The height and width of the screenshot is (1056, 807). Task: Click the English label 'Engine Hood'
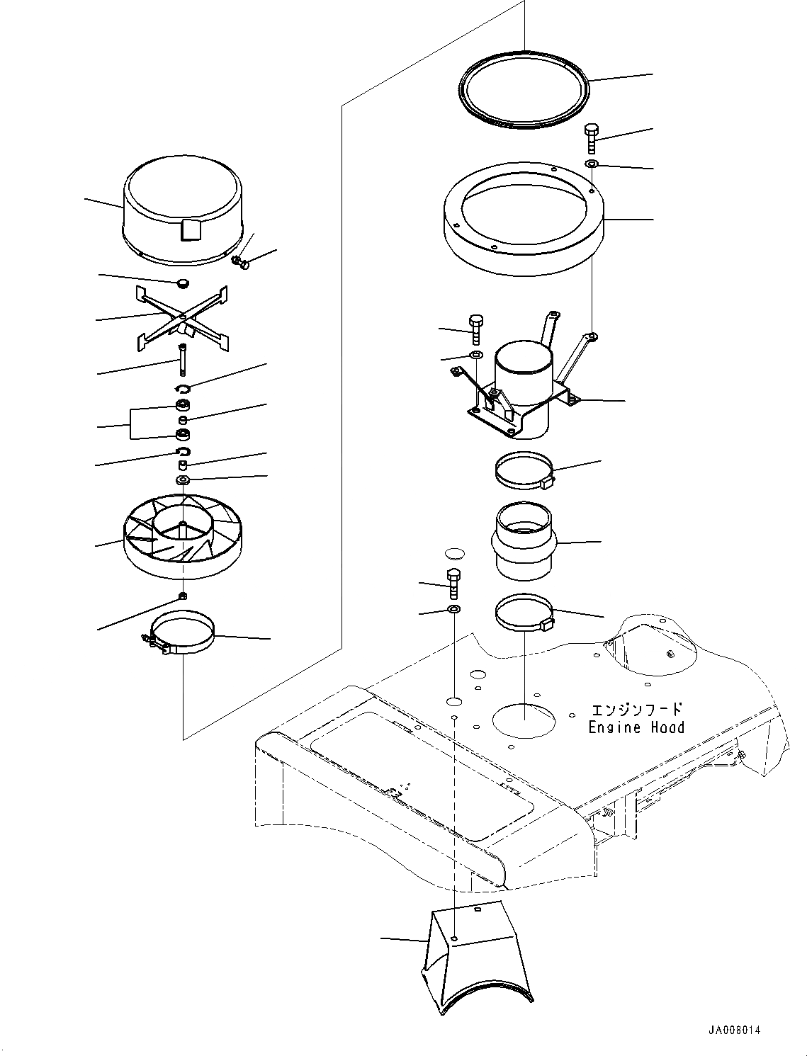[x=636, y=727]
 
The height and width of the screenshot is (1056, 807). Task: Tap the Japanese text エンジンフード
[x=636, y=709]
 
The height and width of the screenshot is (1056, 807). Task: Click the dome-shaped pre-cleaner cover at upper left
[x=184, y=212]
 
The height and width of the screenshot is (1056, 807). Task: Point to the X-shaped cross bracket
[x=182, y=319]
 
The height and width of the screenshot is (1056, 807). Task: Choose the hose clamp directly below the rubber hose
[x=524, y=613]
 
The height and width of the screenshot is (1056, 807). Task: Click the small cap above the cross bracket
[x=183, y=283]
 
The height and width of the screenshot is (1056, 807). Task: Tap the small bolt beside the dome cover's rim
[x=243, y=264]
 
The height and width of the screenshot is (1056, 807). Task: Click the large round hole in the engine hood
[x=524, y=721]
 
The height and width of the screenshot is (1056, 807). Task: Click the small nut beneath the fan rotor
[x=183, y=596]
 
